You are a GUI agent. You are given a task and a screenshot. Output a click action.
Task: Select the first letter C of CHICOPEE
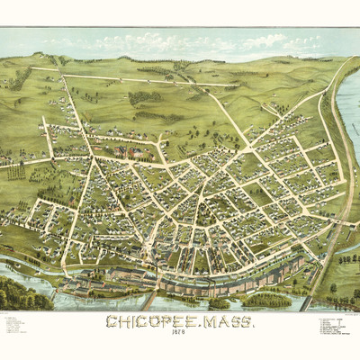click(110, 322)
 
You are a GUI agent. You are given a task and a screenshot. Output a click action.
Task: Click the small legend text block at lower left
click(18, 325)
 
